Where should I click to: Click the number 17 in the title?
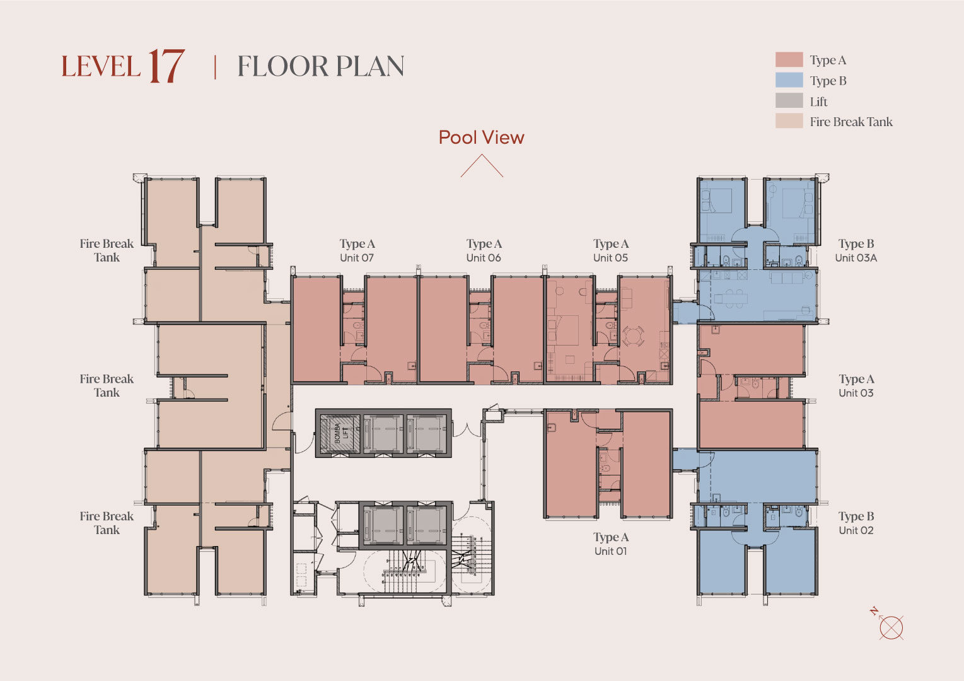click(x=166, y=66)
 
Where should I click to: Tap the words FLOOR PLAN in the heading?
click(x=321, y=66)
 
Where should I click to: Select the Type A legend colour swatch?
click(x=789, y=59)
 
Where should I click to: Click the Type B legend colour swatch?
click(x=789, y=80)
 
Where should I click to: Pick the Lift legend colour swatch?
click(x=789, y=100)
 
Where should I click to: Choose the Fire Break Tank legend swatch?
click(x=789, y=121)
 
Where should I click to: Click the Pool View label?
click(x=482, y=137)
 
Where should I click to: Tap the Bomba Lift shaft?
click(x=340, y=433)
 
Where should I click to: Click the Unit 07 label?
click(x=357, y=258)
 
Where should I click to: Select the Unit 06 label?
click(x=484, y=258)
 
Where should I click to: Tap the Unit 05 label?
click(x=611, y=258)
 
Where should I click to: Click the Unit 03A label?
click(x=856, y=258)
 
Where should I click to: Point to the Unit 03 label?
click(x=856, y=393)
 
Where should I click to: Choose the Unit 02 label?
click(x=856, y=530)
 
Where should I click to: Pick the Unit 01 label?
click(x=611, y=551)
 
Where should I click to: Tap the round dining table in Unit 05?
click(x=633, y=335)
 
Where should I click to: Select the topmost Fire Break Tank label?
click(x=107, y=250)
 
